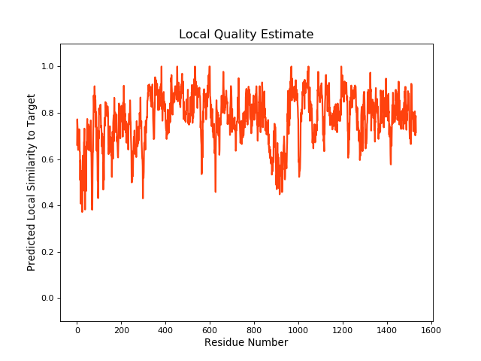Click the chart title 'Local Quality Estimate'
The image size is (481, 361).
coord(246,35)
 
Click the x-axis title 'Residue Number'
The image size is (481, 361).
coord(246,343)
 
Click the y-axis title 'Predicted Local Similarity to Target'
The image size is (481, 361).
coord(32,183)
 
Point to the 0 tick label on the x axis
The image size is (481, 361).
coord(77,329)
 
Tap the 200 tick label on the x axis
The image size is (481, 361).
coord(121,329)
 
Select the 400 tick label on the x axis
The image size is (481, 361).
coord(165,329)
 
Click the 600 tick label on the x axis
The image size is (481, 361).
coord(210,329)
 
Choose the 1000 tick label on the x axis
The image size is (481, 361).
coord(298,329)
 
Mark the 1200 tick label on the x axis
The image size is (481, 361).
coord(343,329)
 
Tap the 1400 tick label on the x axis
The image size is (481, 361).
coord(387,329)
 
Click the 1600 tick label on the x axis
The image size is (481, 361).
coord(431,329)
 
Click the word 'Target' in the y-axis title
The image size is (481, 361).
coord(32,110)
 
